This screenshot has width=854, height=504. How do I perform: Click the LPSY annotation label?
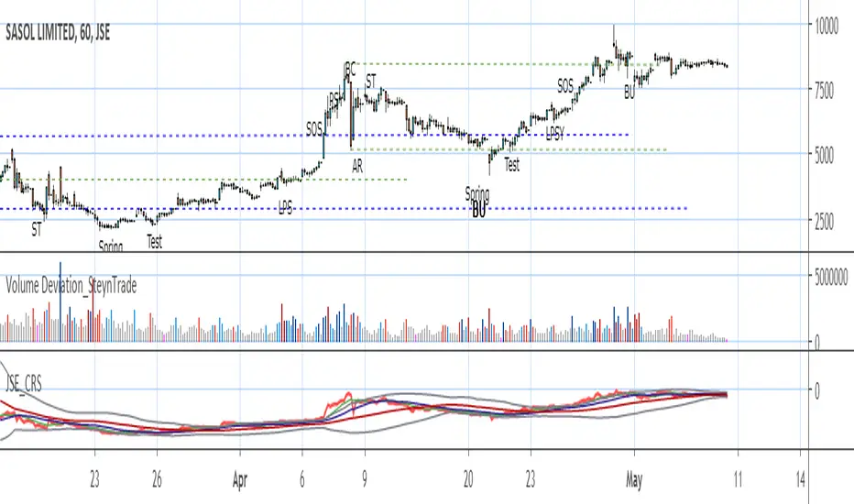tap(555, 134)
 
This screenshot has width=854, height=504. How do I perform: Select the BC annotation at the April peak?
tap(349, 68)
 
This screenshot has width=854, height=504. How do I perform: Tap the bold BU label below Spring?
tap(478, 213)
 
